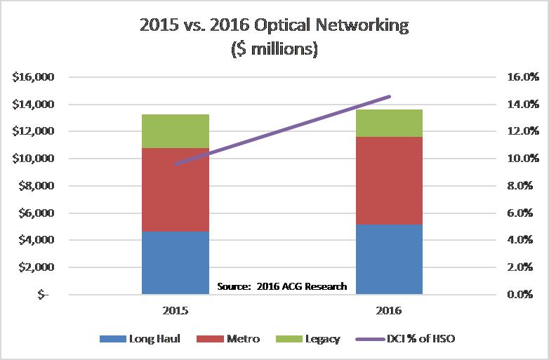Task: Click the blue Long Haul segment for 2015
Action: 175,262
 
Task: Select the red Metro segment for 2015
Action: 175,189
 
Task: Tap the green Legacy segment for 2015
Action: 175,131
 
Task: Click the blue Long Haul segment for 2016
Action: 388,259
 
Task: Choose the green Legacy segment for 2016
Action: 388,123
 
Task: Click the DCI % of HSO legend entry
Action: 408,339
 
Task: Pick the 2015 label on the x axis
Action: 175,309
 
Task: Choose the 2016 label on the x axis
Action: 388,309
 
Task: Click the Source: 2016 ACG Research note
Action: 281,286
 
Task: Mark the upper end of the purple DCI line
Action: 390,96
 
